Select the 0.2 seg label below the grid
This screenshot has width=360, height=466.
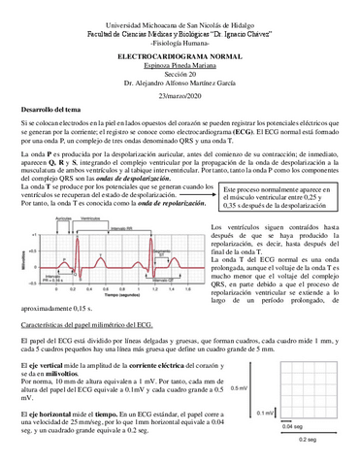pyautogui.click(x=307, y=440)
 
